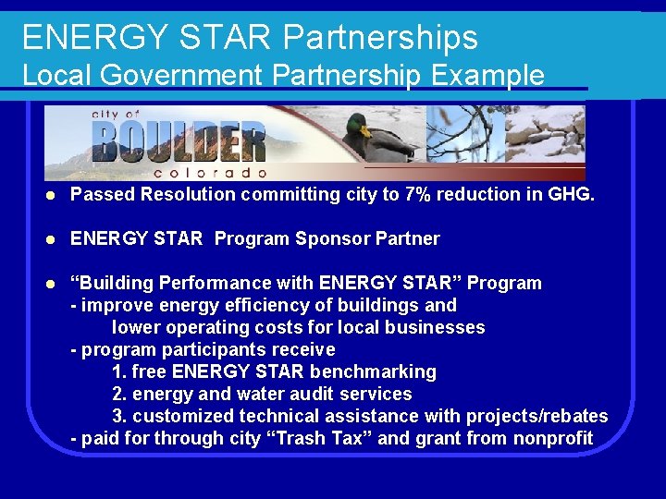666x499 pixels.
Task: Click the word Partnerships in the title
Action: [380, 38]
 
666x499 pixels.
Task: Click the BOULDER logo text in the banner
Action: [179, 141]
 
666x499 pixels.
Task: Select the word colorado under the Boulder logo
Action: [210, 173]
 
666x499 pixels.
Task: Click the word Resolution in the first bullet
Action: [191, 194]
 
